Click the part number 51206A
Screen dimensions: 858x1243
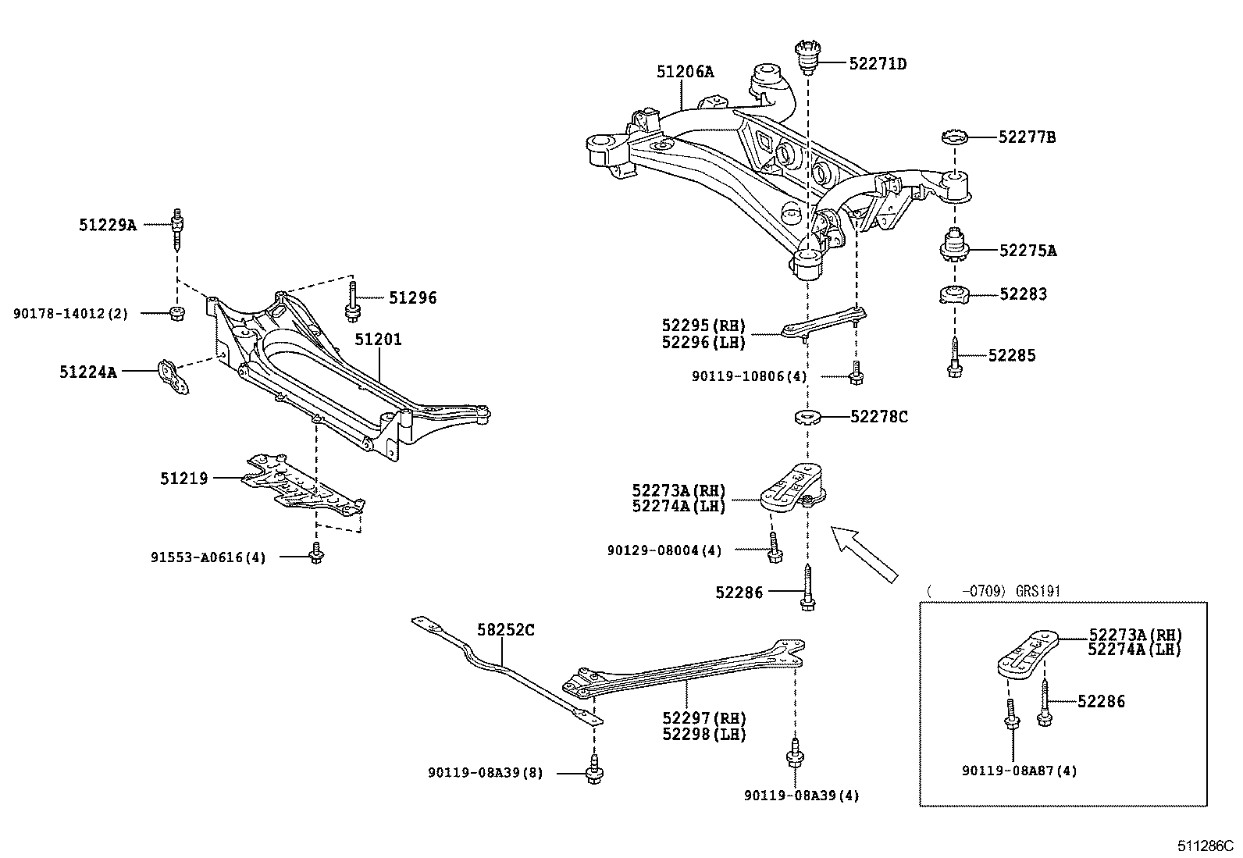coord(685,72)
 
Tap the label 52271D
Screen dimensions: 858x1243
coord(878,63)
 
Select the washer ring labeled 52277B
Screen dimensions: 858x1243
coord(954,138)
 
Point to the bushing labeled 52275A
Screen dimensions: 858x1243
coord(953,247)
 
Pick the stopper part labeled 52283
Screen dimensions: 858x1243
coord(953,296)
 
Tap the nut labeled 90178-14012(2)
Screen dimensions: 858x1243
coord(177,314)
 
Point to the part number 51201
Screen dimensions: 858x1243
coord(378,340)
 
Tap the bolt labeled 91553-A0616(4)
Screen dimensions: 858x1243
coord(315,553)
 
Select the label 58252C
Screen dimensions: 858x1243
coord(506,629)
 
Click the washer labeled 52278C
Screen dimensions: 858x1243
coord(807,418)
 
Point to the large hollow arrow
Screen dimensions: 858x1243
coord(864,554)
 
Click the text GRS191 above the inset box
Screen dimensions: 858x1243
coord(1038,591)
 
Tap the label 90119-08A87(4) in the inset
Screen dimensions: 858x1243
coord(1020,771)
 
